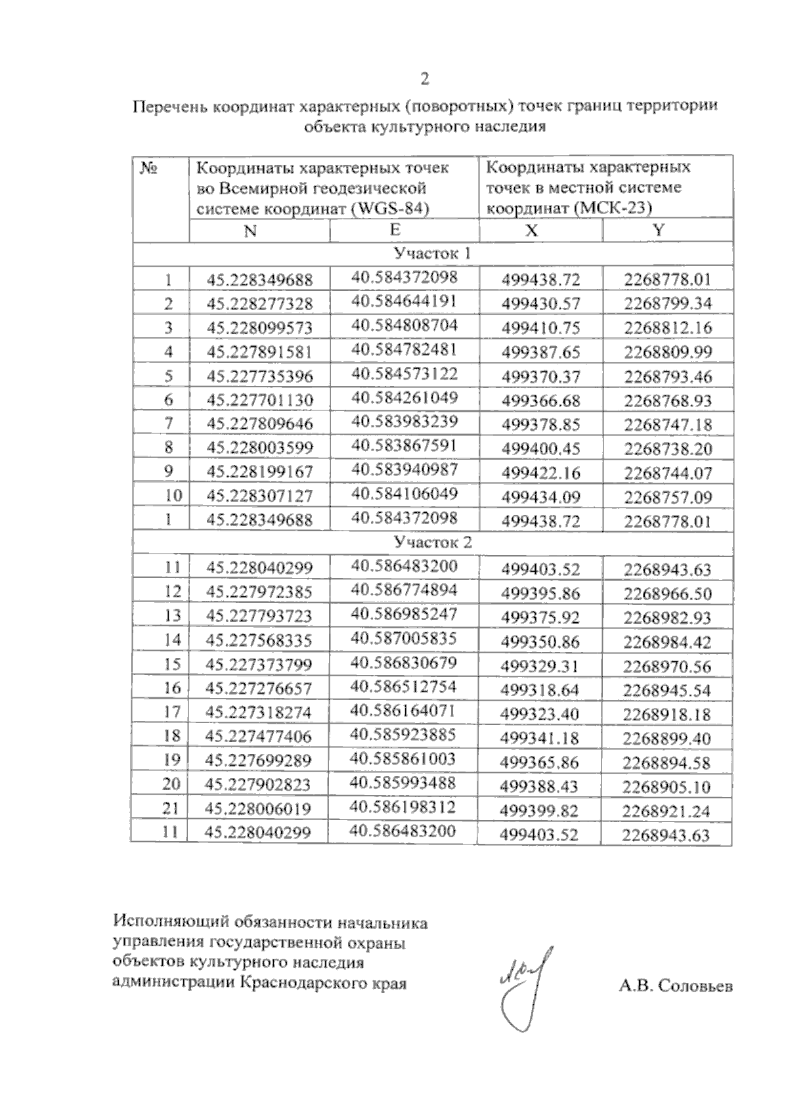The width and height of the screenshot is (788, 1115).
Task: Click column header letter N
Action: pyautogui.click(x=250, y=231)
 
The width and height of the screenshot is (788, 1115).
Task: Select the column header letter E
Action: pyautogui.click(x=395, y=229)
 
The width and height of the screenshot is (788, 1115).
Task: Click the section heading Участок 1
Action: pyautogui.click(x=432, y=253)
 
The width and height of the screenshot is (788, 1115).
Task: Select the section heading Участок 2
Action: pyautogui.click(x=432, y=542)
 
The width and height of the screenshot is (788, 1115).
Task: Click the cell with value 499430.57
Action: pyautogui.click(x=540, y=303)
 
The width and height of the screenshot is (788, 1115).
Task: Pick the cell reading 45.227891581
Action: pyautogui.click(x=259, y=352)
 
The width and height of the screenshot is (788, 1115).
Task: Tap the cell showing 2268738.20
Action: pyautogui.click(x=668, y=449)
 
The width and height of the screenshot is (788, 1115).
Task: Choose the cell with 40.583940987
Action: pyautogui.click(x=404, y=470)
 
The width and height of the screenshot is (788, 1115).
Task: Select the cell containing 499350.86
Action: pyautogui.click(x=540, y=641)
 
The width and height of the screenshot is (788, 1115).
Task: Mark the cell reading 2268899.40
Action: pyautogui.click(x=667, y=739)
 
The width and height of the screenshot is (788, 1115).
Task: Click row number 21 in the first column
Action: pyautogui.click(x=171, y=809)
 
